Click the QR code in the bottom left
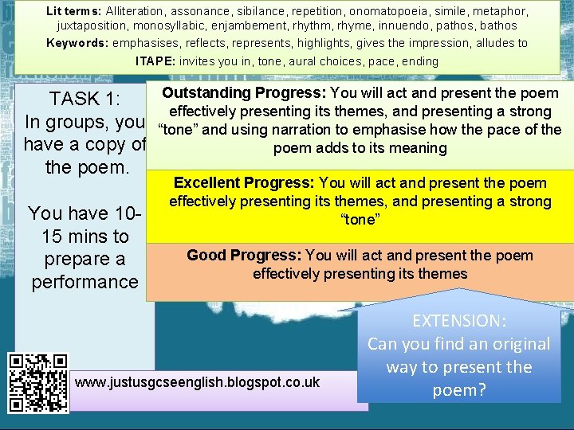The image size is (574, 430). pyautogui.click(x=38, y=382)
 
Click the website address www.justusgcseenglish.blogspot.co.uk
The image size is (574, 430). pyautogui.click(x=197, y=383)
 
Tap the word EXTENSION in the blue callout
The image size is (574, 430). pyautogui.click(x=458, y=321)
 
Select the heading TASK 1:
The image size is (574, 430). pyautogui.click(x=85, y=100)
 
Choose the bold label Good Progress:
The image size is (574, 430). pyautogui.click(x=243, y=256)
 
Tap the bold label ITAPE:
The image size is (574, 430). pyautogui.click(x=156, y=61)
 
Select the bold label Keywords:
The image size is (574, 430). pyautogui.click(x=78, y=43)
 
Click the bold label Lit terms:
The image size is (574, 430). pyautogui.click(x=74, y=11)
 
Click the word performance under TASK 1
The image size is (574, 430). pyautogui.click(x=85, y=282)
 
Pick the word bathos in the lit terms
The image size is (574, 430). pyautogui.click(x=499, y=26)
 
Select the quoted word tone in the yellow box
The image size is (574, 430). pyautogui.click(x=360, y=219)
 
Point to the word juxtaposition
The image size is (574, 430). pyautogui.click(x=91, y=26)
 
